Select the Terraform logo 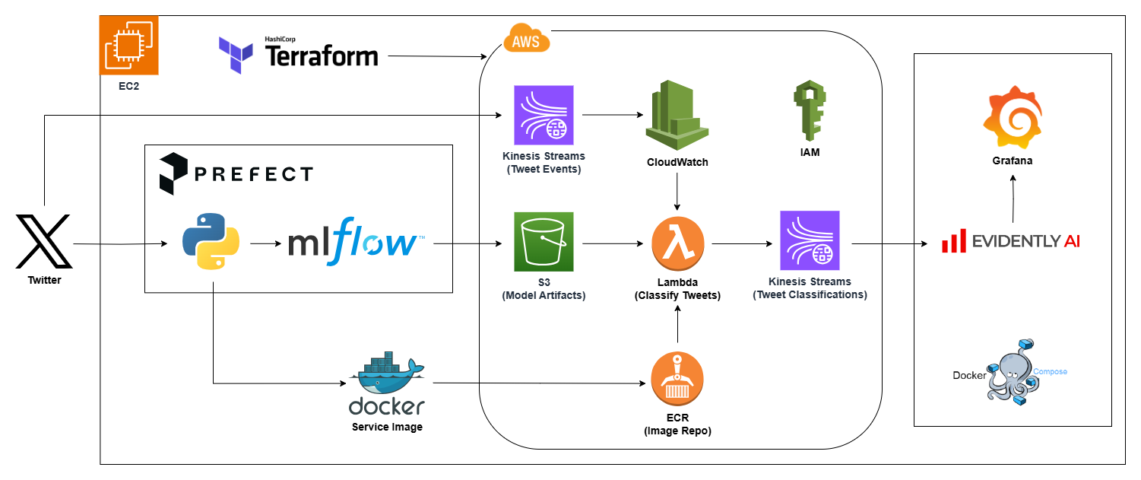(298, 55)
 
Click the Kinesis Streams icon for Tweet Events (544, 115)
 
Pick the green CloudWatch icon (677, 114)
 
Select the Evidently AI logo (1011, 241)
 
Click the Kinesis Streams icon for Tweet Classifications (810, 241)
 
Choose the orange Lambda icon (677, 243)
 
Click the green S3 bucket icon (544, 242)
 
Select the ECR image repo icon (677, 378)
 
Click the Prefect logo (236, 174)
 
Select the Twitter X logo (44, 242)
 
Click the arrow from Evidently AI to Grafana (1013, 199)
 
